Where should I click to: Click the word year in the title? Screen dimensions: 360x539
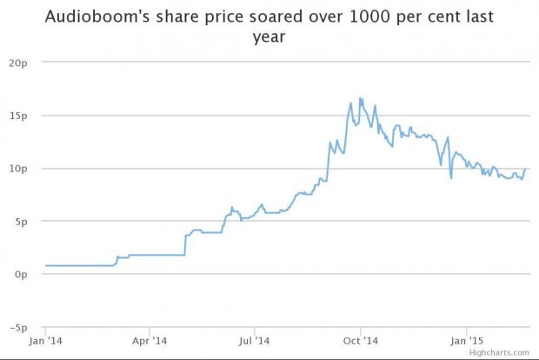click(x=269, y=39)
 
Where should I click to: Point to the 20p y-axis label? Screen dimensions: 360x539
click(x=19, y=63)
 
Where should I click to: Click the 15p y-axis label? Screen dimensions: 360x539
click(x=19, y=116)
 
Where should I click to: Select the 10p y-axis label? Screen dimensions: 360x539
click(x=19, y=169)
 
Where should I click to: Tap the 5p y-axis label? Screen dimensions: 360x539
click(x=22, y=222)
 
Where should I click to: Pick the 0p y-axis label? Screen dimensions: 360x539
click(x=22, y=275)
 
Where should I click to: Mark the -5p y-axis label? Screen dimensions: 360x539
click(x=20, y=328)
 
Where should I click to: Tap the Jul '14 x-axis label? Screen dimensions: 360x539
click(x=254, y=341)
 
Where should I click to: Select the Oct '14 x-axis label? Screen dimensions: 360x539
click(x=359, y=341)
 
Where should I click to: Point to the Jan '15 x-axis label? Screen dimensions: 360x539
click(x=464, y=341)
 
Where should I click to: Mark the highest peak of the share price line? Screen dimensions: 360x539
click(x=360, y=97)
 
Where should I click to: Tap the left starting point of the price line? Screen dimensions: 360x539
click(x=45, y=265)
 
